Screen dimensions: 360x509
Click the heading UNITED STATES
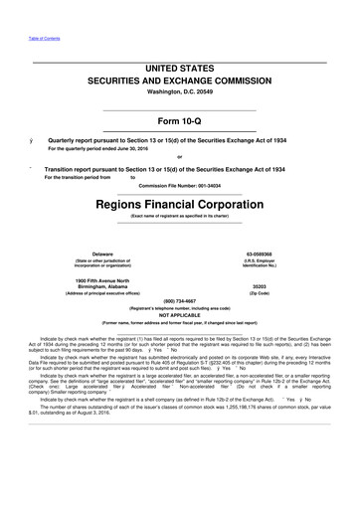coord(179,67)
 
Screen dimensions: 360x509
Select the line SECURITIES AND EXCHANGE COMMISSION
coord(179,79)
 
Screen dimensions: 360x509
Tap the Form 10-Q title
coord(179,121)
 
